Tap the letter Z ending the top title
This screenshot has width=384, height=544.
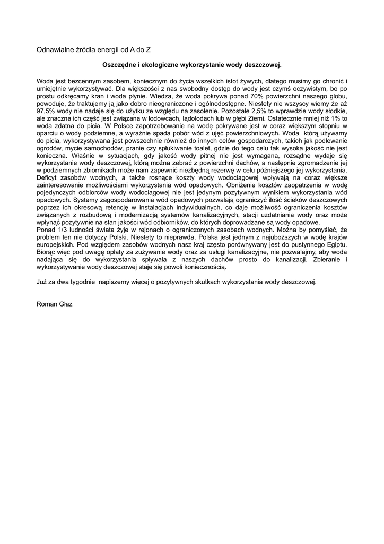149,49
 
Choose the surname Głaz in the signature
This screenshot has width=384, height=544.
66,304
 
